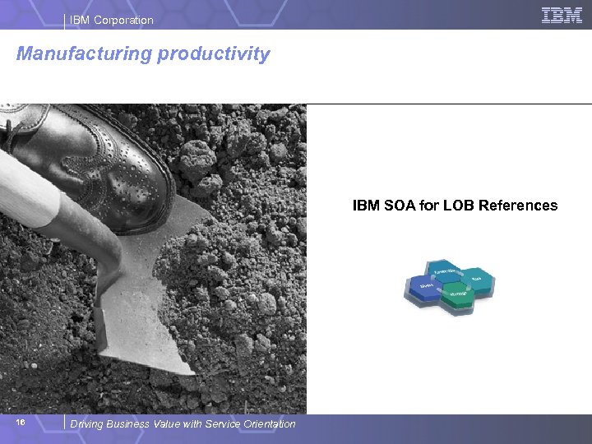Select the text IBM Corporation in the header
(112, 20)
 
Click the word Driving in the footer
(87, 424)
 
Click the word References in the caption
(520, 206)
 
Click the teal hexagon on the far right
(479, 281)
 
